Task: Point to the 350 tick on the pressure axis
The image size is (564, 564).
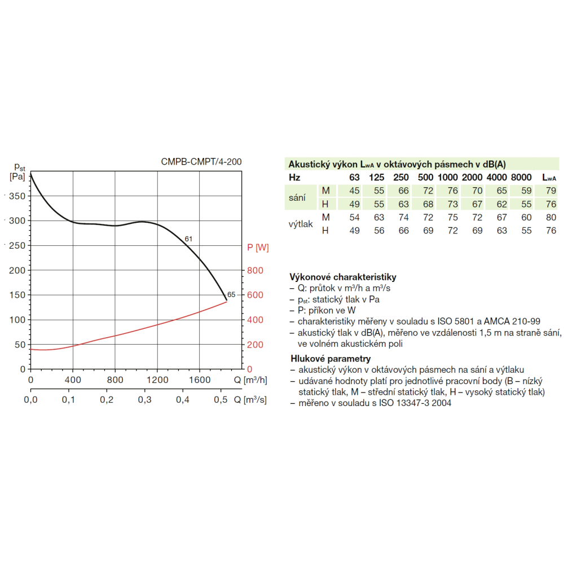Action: coord(17,196)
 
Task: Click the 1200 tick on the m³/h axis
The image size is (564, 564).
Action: coord(157,380)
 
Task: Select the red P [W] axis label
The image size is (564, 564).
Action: coord(258,247)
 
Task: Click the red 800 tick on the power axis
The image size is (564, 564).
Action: coord(255,270)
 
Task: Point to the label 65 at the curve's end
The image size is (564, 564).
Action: coord(231,295)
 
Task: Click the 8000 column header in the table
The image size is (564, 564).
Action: coord(521,178)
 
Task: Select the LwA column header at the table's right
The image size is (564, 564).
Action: coord(549,178)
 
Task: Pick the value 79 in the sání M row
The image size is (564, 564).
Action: coord(551,191)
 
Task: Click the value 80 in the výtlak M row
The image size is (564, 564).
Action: coord(551,217)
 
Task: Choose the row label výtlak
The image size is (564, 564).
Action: coord(301,224)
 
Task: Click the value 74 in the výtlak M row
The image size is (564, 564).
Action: coord(403,217)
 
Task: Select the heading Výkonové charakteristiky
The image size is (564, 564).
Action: coord(343,277)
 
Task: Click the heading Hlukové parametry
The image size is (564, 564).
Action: coord(330,358)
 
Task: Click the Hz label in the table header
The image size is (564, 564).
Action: coord(295,178)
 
